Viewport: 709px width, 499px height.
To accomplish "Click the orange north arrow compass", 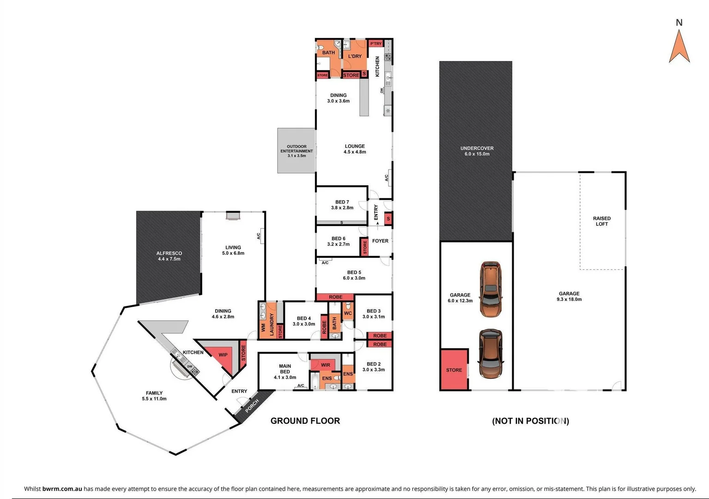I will (679, 47).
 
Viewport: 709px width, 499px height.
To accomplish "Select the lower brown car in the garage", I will (490, 353).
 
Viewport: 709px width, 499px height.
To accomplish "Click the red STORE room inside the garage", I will (454, 370).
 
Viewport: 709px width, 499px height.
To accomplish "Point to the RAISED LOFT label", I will (601, 221).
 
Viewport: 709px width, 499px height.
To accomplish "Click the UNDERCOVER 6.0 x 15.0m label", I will (477, 151).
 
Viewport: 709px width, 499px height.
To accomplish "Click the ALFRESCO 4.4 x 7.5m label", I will (169, 256).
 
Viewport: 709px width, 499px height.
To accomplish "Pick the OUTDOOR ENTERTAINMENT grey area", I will (297, 151).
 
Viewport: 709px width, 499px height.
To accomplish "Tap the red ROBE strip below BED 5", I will (335, 297).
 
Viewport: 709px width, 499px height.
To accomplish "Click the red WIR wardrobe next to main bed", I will (325, 365).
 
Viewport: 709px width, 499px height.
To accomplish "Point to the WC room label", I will (348, 313).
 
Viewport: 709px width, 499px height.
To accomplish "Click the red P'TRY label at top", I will (376, 44).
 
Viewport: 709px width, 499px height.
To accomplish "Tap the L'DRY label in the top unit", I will (355, 56).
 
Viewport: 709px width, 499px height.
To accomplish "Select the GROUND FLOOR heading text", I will (305, 421).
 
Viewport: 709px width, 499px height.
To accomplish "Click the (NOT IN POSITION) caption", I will (530, 421).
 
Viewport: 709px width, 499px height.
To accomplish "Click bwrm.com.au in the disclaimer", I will (62, 489).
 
